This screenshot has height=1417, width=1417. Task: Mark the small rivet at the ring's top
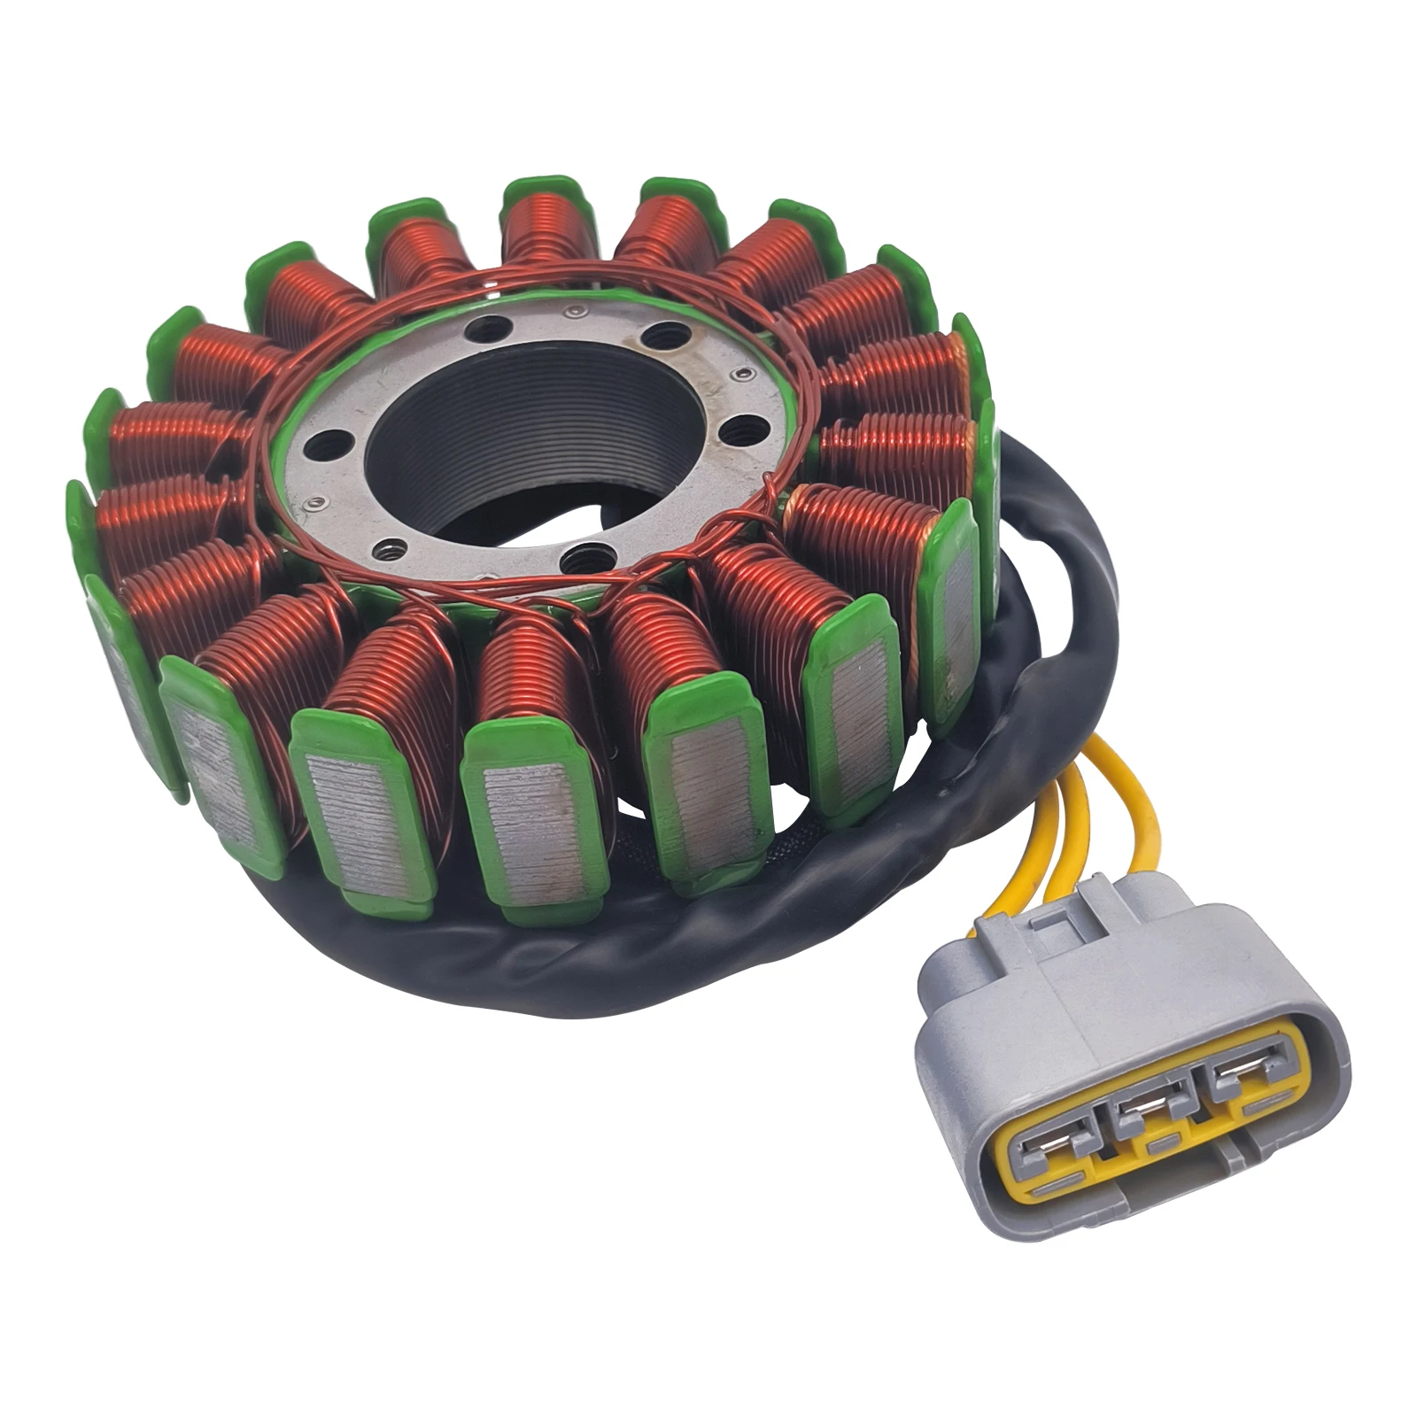(577, 312)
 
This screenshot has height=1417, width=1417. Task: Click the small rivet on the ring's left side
(312, 505)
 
